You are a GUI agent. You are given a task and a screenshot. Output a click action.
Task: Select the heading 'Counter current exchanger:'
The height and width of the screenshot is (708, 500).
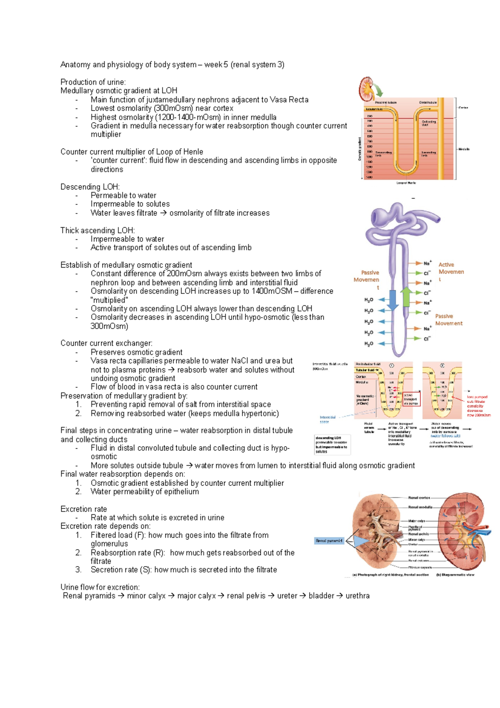(x=106, y=343)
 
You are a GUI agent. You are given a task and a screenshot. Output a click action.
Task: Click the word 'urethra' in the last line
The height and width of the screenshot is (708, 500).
(x=357, y=596)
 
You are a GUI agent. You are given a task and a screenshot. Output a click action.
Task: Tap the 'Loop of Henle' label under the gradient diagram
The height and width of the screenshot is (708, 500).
(x=406, y=183)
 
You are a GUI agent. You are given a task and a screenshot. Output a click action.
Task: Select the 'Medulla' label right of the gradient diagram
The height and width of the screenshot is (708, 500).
(x=464, y=149)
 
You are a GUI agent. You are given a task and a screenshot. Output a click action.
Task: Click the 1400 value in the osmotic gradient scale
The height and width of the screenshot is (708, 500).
(x=369, y=177)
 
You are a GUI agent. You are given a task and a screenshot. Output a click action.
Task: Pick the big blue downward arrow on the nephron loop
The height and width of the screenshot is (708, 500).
(x=392, y=300)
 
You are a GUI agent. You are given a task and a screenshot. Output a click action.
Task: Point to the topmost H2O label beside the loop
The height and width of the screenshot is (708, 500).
(x=369, y=300)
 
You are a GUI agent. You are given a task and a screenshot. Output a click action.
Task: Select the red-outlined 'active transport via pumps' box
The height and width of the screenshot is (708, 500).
(x=411, y=399)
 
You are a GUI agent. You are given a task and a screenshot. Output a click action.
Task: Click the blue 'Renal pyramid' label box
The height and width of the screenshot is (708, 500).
(x=329, y=541)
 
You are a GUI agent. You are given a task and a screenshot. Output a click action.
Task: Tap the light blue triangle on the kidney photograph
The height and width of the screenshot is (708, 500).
(x=361, y=541)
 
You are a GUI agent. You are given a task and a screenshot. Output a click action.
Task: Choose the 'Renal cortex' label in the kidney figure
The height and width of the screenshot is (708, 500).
(x=419, y=497)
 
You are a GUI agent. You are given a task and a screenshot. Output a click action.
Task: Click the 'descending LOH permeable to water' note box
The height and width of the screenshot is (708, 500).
(x=332, y=444)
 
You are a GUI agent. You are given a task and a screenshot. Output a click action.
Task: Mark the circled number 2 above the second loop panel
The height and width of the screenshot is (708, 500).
(x=442, y=365)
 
